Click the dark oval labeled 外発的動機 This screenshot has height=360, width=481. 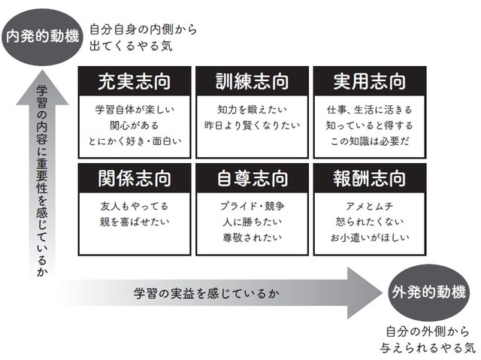431,292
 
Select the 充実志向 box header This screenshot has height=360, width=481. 135,80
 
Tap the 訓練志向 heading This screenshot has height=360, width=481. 252,80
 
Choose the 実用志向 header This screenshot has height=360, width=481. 368,80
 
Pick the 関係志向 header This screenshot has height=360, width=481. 135,179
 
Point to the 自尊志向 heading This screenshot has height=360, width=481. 252,179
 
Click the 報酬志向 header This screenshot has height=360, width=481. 368,179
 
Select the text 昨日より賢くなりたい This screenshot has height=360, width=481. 252,125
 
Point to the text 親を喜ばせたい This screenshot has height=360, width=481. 135,223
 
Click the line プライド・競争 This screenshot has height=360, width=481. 252,206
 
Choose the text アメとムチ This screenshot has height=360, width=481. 368,206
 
